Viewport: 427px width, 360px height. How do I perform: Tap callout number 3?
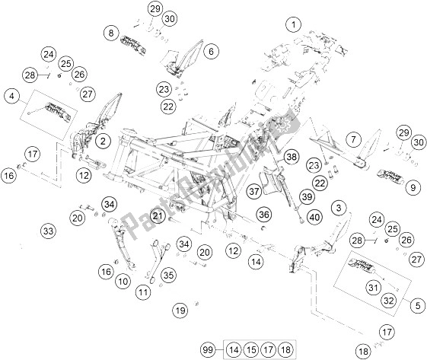coord(339,206)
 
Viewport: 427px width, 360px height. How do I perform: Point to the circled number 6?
coord(211,52)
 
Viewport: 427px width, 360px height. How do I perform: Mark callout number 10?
coord(123,282)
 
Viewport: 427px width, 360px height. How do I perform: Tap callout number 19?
coord(180,310)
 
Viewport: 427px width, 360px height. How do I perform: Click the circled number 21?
coord(158,217)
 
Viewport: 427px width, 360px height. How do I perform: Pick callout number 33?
coord(48,231)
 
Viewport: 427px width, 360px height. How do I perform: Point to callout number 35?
coord(169,275)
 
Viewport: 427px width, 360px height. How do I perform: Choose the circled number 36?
coord(263,215)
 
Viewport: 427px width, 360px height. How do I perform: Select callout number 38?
coord(290,157)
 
